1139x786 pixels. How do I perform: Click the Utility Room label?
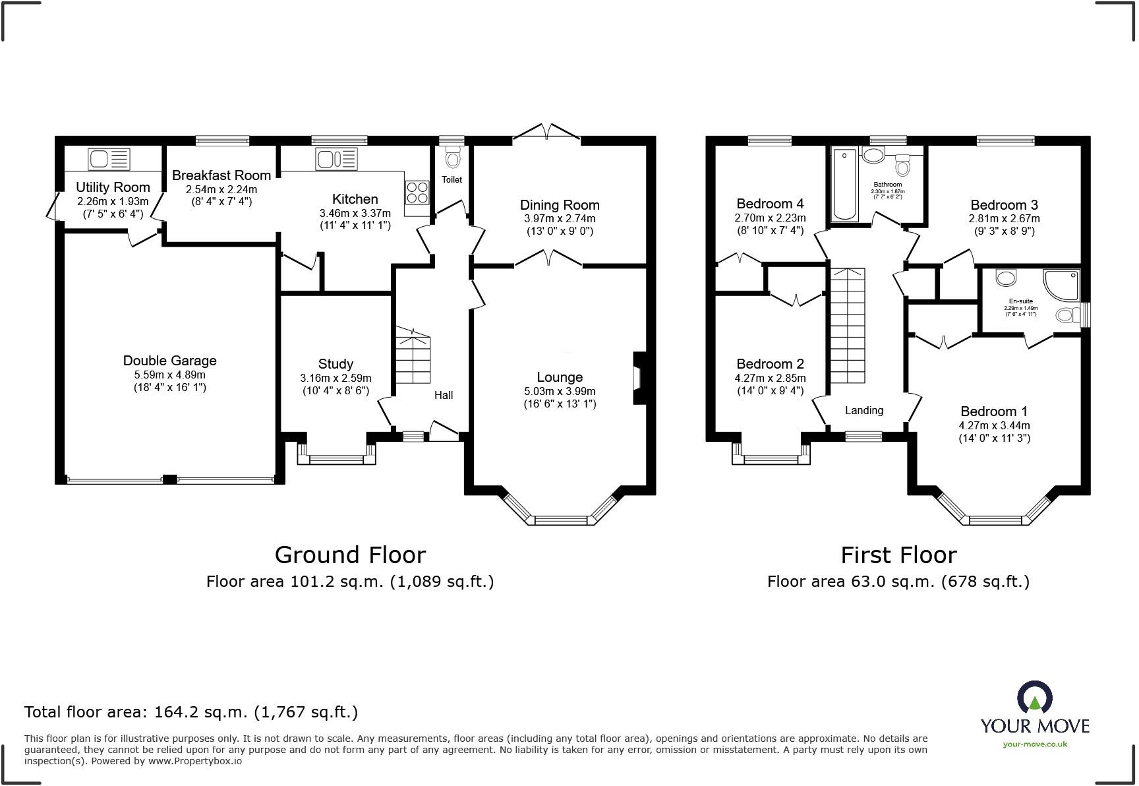113,187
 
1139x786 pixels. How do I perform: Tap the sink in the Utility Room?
109,159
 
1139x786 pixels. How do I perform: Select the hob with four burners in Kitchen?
417,192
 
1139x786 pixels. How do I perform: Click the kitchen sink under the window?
336,159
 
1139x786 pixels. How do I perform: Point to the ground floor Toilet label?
452,179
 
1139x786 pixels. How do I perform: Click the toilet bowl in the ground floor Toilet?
452,158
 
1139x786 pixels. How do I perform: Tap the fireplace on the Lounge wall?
638,378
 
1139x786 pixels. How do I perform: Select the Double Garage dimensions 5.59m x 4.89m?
169,375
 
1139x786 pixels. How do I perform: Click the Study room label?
336,364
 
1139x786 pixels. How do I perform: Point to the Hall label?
443,395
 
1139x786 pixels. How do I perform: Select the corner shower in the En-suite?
1062,284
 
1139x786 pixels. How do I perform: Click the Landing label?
863,410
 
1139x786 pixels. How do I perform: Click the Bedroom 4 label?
769,204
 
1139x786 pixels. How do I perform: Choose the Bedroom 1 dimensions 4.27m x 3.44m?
993,425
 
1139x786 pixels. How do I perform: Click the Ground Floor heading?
350,555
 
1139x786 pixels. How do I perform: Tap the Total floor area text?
191,712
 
